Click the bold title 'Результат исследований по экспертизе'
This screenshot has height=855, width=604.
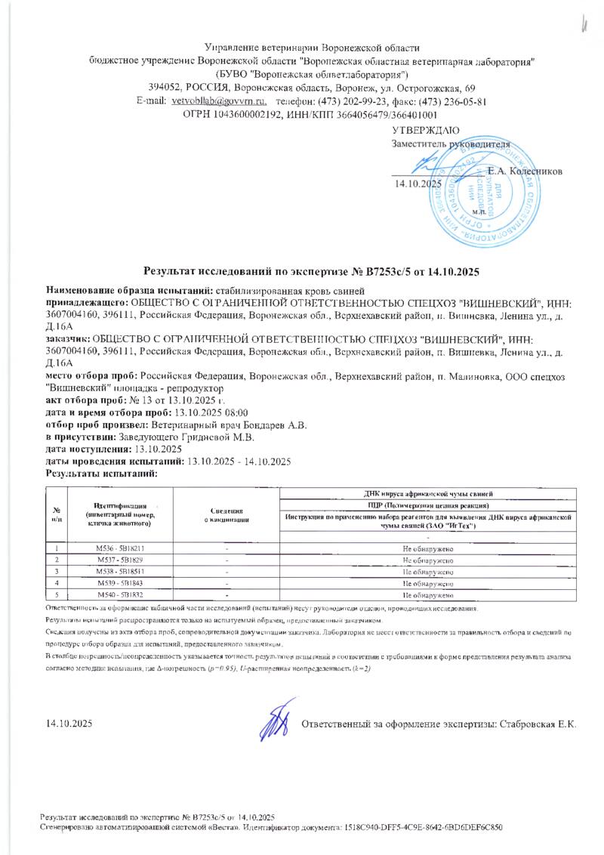click(x=254, y=270)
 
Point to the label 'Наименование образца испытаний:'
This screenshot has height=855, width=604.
click(x=130, y=291)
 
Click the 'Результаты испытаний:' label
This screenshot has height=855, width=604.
click(x=101, y=474)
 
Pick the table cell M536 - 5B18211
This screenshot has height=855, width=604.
click(x=121, y=548)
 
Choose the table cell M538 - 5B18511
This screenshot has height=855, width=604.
click(x=121, y=572)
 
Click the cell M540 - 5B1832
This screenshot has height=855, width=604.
click(x=121, y=596)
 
